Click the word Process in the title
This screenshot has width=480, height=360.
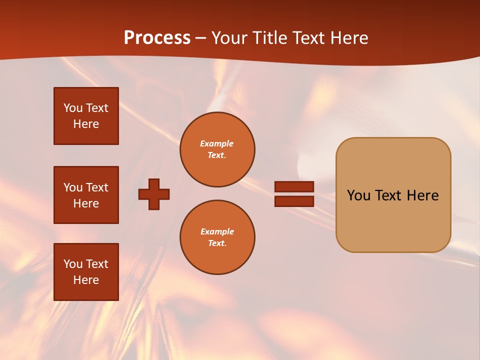(157, 37)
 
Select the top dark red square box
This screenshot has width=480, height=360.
(86, 116)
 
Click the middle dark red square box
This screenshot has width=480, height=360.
(86, 195)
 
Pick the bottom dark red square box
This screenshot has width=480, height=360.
(86, 272)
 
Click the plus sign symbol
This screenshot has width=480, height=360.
(154, 194)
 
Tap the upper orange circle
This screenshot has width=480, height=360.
(217, 149)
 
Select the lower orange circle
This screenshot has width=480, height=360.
(217, 237)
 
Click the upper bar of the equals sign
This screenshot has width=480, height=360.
(294, 186)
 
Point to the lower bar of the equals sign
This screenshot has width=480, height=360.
(294, 201)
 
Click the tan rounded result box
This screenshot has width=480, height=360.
(393, 195)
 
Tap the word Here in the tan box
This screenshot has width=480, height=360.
(422, 195)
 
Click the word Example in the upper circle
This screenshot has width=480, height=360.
(217, 143)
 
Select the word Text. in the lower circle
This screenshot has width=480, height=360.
(217, 243)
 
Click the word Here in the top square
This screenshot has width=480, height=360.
(86, 124)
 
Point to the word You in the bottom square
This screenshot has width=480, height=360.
(73, 264)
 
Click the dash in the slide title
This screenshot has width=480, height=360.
(201, 38)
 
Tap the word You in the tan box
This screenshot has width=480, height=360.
(358, 195)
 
